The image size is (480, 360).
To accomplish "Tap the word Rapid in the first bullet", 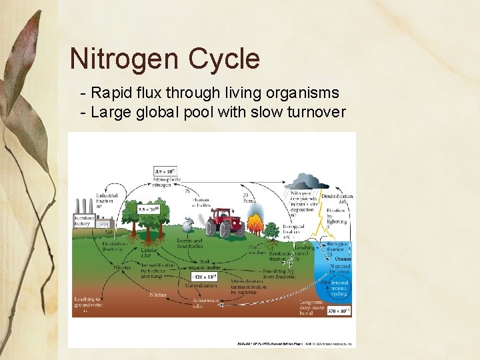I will (112, 93).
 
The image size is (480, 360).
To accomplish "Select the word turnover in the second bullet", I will (314, 112).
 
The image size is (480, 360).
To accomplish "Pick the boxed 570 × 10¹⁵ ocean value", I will (335, 311).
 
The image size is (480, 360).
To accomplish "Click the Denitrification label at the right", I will (337, 199).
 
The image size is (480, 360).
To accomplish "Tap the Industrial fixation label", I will (106, 199).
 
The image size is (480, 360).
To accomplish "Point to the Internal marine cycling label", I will (339, 287).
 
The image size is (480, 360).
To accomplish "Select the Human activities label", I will (201, 202).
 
